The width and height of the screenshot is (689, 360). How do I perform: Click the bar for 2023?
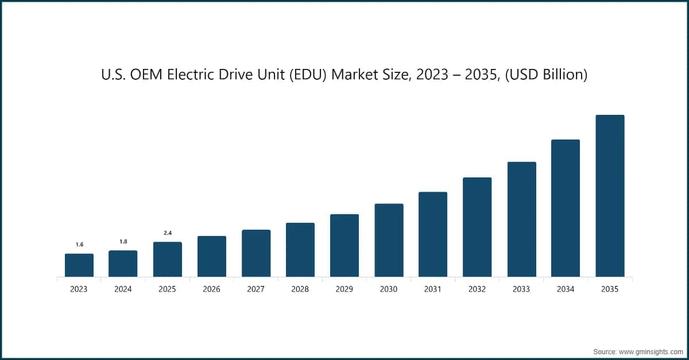[x=79, y=265]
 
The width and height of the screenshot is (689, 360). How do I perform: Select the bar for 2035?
[x=610, y=196]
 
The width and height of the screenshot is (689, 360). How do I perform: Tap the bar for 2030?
[x=389, y=240]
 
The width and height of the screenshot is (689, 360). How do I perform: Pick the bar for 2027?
[x=256, y=253]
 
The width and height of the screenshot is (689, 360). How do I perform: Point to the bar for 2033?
[x=521, y=219]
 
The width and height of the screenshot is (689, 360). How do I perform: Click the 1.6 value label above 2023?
[x=79, y=245]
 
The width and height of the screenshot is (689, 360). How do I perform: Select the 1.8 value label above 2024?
[x=123, y=242]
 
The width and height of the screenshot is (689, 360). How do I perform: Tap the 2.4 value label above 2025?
[x=167, y=233]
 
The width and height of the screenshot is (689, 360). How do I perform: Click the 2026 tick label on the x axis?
[x=211, y=289]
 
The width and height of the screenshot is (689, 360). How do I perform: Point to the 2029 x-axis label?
[x=344, y=289]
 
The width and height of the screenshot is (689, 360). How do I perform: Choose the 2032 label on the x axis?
[x=477, y=289]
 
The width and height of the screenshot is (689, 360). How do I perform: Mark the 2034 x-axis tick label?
[x=566, y=289]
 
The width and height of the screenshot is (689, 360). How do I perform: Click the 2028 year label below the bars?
[x=300, y=289]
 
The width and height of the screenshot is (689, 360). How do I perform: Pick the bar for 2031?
[x=433, y=234]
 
